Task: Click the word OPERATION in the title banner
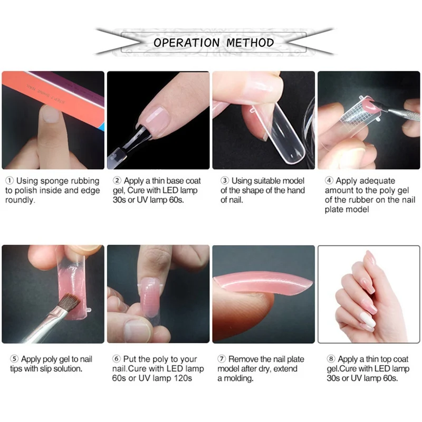pos(187,43)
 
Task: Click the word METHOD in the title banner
pos(250,43)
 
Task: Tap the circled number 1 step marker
pos(9,180)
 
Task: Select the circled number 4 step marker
pos(329,180)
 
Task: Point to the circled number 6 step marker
pos(116,359)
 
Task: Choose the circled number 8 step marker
pos(331,359)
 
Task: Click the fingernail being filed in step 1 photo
pos(51,114)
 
